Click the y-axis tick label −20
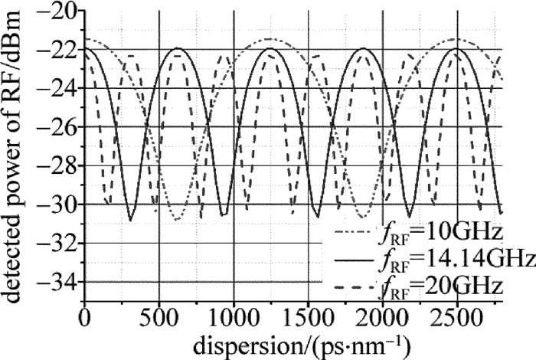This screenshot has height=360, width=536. point(55,11)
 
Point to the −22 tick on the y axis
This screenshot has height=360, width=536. point(55,50)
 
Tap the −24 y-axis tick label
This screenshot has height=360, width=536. point(55,89)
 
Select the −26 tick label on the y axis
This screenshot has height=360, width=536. point(55,127)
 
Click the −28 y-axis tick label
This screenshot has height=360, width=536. point(55,166)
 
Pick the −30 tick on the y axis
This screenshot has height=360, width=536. point(55,205)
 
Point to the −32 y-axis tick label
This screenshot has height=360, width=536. point(55,244)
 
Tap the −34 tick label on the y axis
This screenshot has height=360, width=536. point(55,283)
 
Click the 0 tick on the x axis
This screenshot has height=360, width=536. point(84,315)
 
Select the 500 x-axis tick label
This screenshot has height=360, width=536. point(158,315)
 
